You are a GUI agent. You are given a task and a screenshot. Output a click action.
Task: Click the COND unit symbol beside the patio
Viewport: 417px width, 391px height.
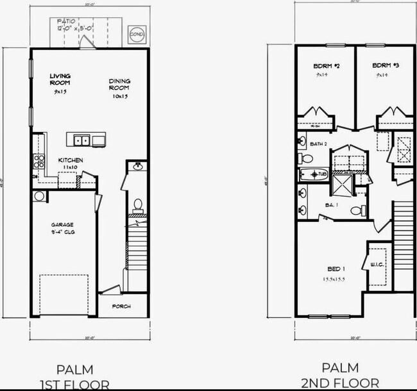coord(137,33)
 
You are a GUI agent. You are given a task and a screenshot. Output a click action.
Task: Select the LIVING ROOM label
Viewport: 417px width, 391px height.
coord(60,79)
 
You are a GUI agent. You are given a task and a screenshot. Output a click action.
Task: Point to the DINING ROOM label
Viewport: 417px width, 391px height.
coord(119,83)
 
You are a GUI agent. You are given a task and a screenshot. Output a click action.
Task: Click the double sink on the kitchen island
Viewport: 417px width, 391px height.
coord(81,140)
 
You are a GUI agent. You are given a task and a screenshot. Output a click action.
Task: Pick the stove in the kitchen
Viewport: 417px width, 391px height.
coord(39,160)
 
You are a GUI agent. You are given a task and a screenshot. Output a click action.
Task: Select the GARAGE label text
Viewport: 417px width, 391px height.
coord(63,225)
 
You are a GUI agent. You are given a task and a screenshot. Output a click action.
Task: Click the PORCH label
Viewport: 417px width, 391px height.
coord(121,306)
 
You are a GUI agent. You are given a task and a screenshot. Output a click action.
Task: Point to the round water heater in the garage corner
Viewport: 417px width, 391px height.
coord(38,196)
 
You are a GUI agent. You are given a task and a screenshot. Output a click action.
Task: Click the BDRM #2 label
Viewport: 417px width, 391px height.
coord(326,66)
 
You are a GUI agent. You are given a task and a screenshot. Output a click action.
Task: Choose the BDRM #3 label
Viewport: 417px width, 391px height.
coord(382,66)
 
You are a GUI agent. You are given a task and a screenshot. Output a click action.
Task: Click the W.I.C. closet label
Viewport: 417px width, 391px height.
coord(377,264)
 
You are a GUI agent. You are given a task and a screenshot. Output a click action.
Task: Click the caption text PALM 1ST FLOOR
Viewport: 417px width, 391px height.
coord(74,377)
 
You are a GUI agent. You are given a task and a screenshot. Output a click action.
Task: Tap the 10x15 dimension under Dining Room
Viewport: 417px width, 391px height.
coord(119,96)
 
